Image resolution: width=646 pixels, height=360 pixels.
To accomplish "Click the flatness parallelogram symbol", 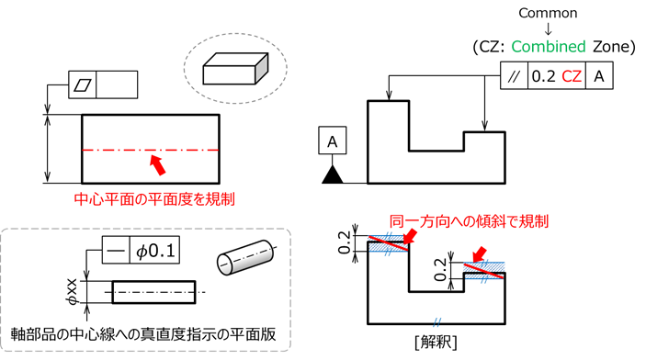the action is [x=82, y=84].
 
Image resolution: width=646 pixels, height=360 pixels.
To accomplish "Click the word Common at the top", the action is [x=548, y=13].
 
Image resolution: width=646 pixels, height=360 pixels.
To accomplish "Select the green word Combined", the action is [x=549, y=47].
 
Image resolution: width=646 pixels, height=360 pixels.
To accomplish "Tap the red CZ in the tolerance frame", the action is [x=572, y=76].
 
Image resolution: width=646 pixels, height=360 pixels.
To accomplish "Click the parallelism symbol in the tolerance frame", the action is [x=514, y=76].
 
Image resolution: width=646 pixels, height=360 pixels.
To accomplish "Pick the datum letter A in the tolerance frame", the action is [x=599, y=76].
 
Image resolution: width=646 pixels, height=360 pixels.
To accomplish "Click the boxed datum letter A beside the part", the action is [x=332, y=141].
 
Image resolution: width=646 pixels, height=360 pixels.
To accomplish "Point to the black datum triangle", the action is [x=333, y=174].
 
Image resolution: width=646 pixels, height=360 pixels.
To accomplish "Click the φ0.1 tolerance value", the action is [x=155, y=251].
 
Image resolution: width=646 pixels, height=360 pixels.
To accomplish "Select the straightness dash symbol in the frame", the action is [x=116, y=250].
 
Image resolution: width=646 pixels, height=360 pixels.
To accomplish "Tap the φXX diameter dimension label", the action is [x=73, y=292].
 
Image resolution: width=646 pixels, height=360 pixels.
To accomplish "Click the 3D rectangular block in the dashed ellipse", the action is [x=235, y=68].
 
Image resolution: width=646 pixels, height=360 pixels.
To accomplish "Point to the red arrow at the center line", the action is [x=158, y=164].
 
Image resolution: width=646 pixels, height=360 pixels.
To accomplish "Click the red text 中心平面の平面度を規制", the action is [x=154, y=199].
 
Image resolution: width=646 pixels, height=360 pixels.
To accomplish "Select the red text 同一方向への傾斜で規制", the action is [x=469, y=221].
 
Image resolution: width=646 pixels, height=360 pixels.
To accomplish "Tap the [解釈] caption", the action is [x=436, y=343].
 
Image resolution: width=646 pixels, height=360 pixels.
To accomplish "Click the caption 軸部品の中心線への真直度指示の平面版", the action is [x=143, y=334].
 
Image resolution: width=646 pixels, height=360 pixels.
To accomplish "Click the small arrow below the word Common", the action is [x=548, y=28].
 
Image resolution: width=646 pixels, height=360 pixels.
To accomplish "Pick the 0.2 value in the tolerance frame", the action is [x=544, y=76].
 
